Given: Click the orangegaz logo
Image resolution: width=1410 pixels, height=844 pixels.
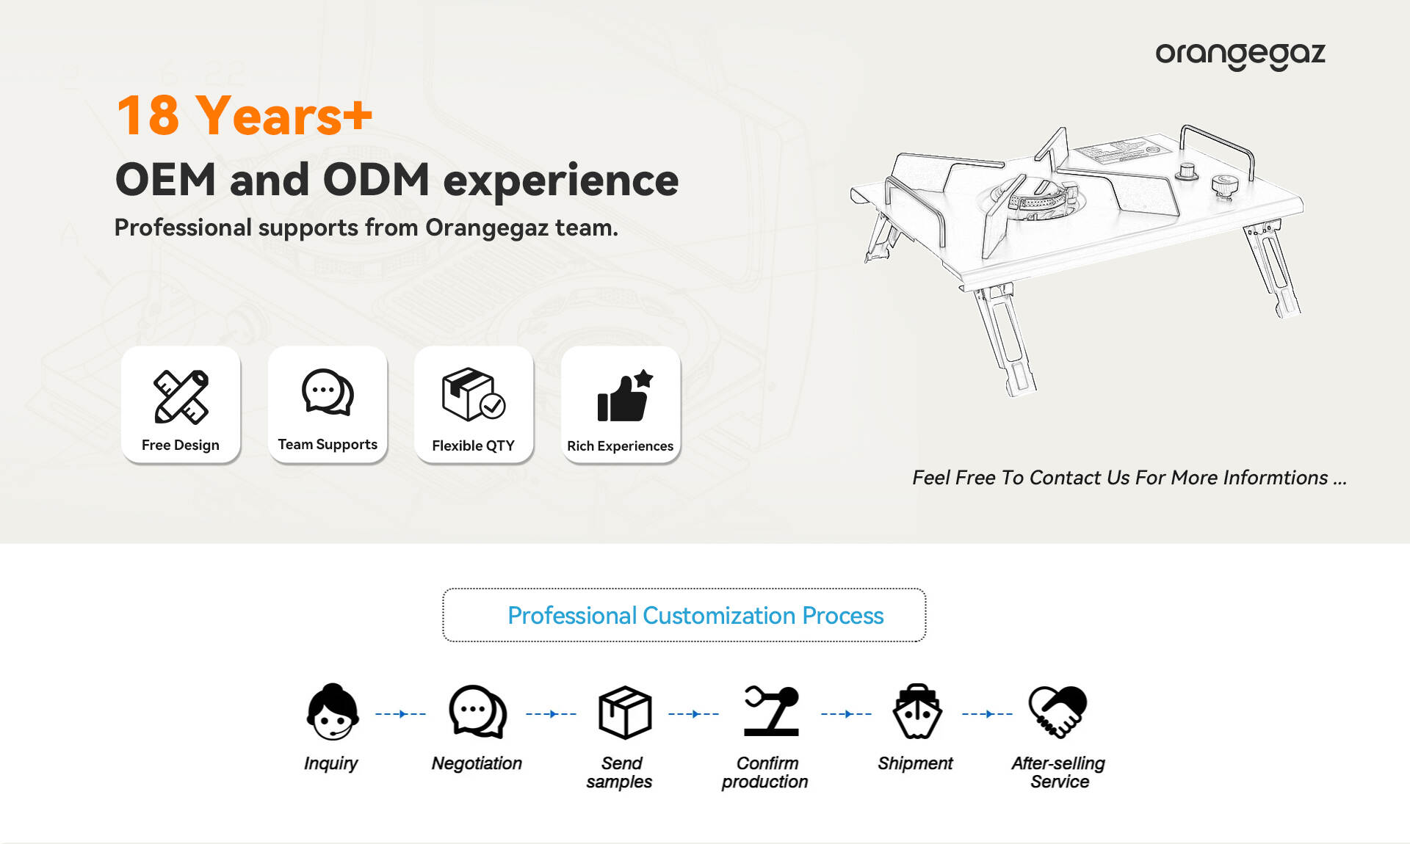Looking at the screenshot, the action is coord(1240,55).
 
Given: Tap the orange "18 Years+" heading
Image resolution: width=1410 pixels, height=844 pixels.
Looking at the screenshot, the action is coord(245,115).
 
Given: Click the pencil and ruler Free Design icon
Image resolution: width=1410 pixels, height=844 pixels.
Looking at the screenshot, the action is coord(181,396).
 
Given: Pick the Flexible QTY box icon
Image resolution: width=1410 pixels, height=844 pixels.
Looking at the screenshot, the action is coord(474,394).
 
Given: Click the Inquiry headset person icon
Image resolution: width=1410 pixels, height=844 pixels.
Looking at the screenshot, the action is coord(333,712).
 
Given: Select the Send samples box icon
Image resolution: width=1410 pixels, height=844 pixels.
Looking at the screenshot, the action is coord(625,712).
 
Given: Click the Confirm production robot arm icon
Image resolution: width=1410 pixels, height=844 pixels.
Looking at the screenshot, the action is coord(771,711).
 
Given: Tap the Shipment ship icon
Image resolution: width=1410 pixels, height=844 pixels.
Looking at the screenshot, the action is coord(916,711).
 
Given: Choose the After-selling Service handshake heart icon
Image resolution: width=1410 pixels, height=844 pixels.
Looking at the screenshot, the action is coord(1057,711).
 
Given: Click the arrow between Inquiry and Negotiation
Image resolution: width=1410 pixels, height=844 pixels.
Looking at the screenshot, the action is coord(400,713).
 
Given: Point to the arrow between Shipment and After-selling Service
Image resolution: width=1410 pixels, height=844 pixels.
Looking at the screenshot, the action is coord(987,713).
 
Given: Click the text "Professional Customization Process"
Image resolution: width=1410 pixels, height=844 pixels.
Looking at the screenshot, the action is coord(695,615).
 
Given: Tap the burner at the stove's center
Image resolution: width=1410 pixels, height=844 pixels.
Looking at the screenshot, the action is coord(1037,197).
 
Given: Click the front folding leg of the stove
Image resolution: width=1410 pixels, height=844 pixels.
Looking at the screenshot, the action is coord(1005,341).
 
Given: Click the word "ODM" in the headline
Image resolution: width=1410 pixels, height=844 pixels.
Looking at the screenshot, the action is coord(376,180).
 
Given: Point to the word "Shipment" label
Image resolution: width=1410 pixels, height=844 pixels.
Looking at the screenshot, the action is coord(915,763).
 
